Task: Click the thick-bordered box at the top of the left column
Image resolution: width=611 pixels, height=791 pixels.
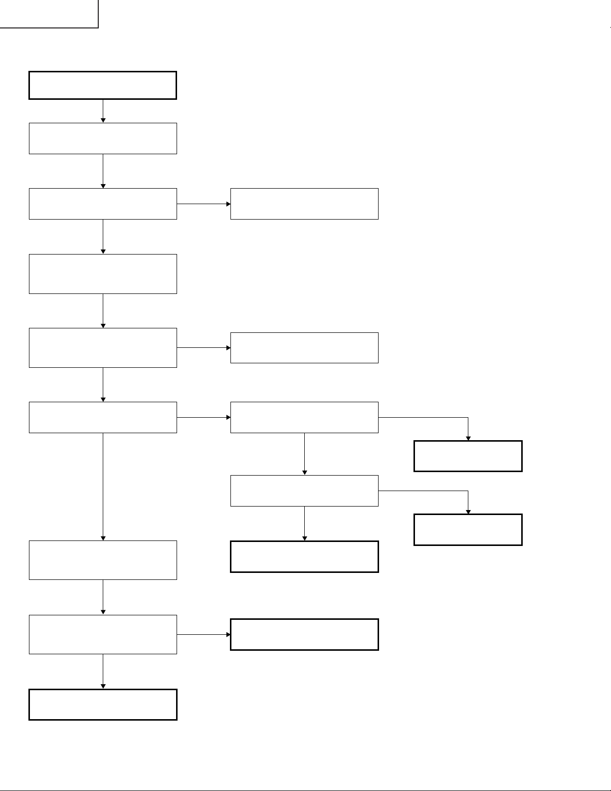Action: coord(103,85)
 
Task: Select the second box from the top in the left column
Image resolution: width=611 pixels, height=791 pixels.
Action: coord(103,138)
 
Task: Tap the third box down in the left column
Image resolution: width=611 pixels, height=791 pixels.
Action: coord(103,204)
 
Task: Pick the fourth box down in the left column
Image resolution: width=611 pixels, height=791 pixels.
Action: coord(103,273)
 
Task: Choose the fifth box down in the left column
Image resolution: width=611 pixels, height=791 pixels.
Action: coord(103,348)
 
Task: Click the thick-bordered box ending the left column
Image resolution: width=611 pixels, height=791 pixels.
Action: coord(103,704)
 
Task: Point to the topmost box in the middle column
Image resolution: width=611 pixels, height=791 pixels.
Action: coord(304,204)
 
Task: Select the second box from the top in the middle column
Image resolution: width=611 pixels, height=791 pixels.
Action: coord(304,348)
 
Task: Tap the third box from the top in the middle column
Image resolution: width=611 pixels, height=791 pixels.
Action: coord(304,417)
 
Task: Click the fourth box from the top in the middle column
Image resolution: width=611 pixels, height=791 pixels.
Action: coord(304,491)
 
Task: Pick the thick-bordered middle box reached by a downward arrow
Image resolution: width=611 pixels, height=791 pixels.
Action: coord(304,556)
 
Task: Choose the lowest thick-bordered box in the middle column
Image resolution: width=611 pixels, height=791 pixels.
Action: coord(304,634)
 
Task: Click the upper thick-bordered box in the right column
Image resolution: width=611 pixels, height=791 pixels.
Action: coord(468,456)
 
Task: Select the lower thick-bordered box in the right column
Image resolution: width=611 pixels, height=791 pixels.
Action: coord(468,529)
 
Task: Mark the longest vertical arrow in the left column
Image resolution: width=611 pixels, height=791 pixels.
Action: coord(103,487)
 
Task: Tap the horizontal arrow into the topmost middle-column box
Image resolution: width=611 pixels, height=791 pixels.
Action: coord(204,204)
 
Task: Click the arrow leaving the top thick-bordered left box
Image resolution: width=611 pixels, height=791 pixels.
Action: coord(103,111)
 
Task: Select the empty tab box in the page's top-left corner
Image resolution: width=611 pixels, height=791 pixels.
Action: coord(48,13)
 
